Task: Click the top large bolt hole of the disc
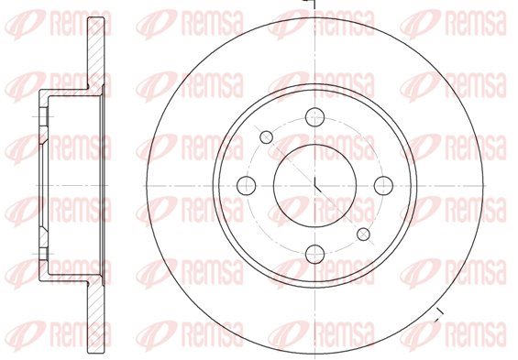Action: click(x=315, y=117)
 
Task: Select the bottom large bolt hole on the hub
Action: click(x=315, y=255)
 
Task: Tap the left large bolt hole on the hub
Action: click(x=247, y=185)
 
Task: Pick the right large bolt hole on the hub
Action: click(x=383, y=185)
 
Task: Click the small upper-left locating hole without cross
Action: click(x=266, y=136)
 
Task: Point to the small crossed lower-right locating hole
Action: click(x=364, y=234)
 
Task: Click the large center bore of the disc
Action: click(x=315, y=185)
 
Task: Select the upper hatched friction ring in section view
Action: click(x=96, y=53)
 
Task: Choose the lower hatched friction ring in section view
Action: click(x=96, y=317)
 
